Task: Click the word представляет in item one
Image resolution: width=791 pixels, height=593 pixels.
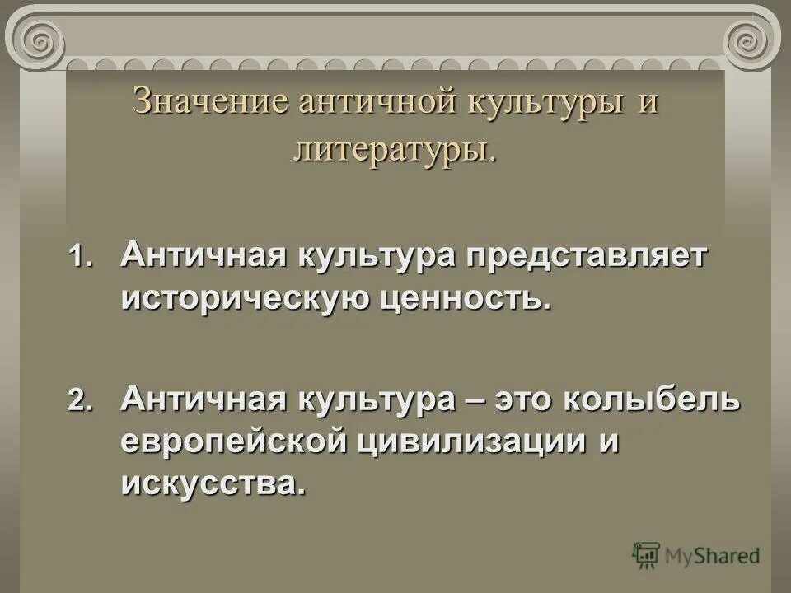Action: [x=587, y=255]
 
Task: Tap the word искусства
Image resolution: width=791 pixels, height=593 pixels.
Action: [x=213, y=483]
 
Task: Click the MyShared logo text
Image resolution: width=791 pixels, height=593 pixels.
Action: [x=714, y=555]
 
